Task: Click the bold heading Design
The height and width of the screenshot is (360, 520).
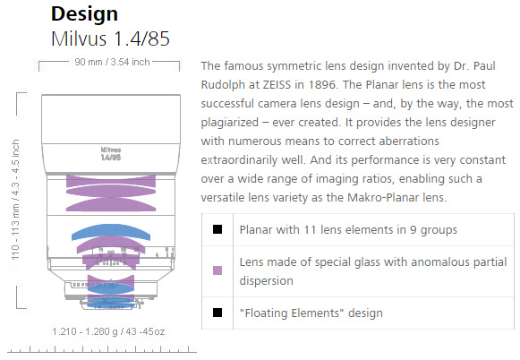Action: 84,14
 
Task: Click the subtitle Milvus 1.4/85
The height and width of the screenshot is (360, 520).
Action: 110,39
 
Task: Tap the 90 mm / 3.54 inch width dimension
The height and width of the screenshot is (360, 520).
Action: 112,62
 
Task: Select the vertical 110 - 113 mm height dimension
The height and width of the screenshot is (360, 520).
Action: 15,200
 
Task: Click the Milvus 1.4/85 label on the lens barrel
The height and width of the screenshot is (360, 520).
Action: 111,154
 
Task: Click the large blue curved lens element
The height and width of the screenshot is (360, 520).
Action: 111,232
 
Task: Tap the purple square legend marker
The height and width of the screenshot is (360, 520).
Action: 217,270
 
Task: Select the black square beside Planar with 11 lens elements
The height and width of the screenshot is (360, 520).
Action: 217,229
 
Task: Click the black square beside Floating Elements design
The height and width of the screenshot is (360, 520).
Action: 217,313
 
